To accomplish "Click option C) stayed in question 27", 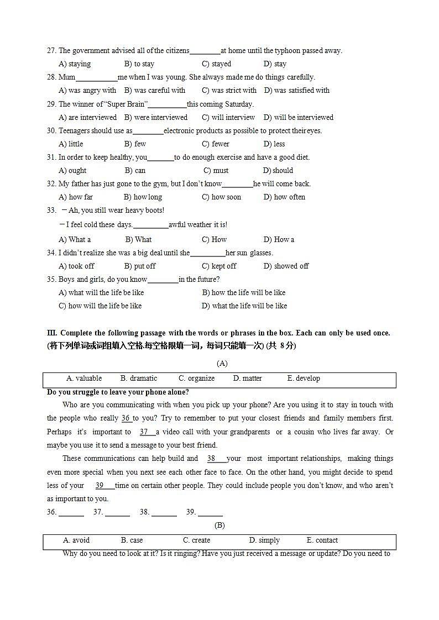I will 216,64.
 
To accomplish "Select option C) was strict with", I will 229,91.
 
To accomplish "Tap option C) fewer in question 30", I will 216,144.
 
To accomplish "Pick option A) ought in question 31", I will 72,171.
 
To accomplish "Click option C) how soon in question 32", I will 221,197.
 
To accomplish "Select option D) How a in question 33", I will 279,240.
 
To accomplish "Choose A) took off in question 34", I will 76,266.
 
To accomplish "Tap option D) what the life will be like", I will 244,306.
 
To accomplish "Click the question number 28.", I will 51,77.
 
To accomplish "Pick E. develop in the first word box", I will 304,379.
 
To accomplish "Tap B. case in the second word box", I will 132,540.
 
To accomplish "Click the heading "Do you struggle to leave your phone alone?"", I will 118,392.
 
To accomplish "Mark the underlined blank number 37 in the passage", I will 144,432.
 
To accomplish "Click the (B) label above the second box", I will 219,526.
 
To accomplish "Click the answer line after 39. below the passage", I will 210,513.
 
